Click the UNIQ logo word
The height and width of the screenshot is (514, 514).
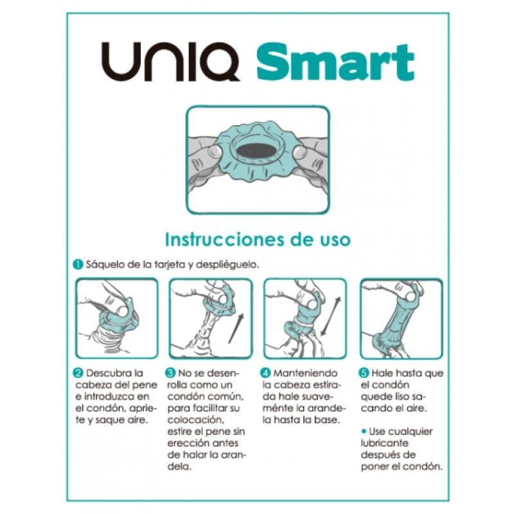point(172,62)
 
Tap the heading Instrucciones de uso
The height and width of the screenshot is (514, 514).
point(258,240)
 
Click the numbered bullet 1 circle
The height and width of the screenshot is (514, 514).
point(76,264)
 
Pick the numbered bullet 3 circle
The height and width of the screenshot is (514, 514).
point(170,373)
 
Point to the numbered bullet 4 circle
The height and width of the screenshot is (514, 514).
point(267,373)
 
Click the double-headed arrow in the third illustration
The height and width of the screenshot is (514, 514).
point(330,317)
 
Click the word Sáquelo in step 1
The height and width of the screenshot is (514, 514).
point(102,264)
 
